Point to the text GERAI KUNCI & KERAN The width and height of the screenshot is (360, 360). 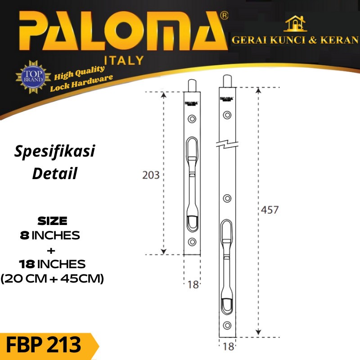point(295,40)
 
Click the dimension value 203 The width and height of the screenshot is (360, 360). point(151,175)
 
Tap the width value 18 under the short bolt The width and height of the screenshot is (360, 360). point(193,284)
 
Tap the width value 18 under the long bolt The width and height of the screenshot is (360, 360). point(228,347)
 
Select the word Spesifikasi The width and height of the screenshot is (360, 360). point(54,152)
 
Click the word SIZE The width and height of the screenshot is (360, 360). point(53,221)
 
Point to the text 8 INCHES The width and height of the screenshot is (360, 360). point(50,235)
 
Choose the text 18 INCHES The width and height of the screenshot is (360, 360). point(52,263)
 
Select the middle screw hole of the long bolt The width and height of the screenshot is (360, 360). point(228,198)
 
